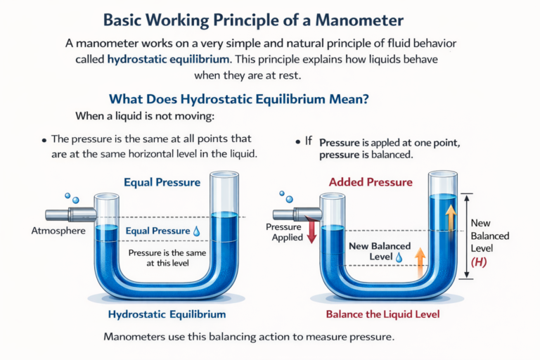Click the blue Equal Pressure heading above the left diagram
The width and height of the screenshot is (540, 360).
pyautogui.click(x=162, y=183)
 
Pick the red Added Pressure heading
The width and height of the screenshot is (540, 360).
pyautogui.click(x=371, y=183)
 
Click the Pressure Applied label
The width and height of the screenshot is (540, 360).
pyautogui.click(x=284, y=233)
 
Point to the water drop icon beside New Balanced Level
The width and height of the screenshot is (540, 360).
pyautogui.click(x=399, y=258)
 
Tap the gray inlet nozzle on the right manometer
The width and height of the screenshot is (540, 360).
pyautogui.click(x=292, y=213)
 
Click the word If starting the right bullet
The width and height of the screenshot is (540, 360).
pyautogui.click(x=308, y=141)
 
